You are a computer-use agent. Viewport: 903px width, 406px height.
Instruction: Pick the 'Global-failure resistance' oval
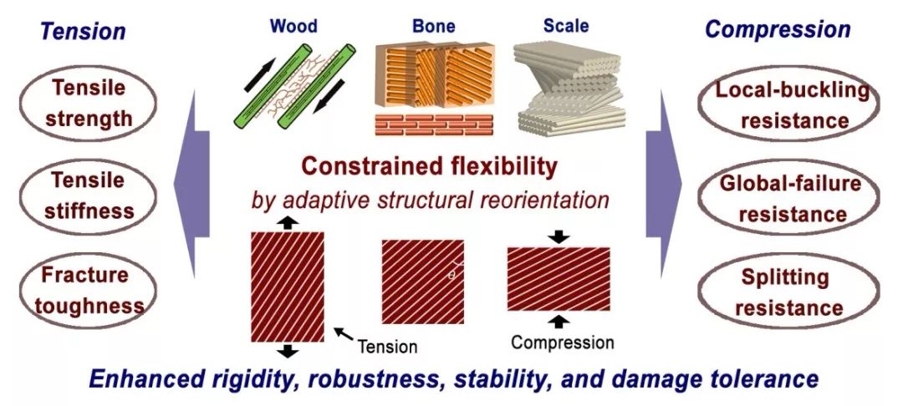click(782, 200)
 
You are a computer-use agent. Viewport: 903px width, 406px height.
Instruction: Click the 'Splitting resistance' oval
click(781, 292)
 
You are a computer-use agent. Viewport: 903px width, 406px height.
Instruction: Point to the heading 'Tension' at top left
click(84, 32)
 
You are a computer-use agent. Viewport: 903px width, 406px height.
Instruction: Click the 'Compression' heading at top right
click(778, 30)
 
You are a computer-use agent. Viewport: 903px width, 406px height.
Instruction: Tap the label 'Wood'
click(293, 26)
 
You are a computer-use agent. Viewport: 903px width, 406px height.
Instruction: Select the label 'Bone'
click(433, 26)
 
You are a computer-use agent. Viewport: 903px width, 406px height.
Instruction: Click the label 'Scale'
click(565, 26)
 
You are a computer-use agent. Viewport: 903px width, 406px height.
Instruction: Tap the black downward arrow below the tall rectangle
click(287, 350)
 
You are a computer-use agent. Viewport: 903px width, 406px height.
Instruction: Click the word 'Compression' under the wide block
click(562, 343)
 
